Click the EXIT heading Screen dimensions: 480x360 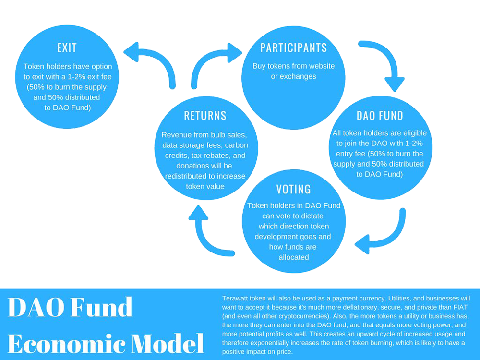pyautogui.click(x=67, y=48)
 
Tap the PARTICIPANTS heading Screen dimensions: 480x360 pyautogui.click(x=294, y=48)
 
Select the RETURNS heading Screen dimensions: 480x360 pyautogui.click(x=205, y=116)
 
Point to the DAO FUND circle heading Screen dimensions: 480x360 pyautogui.click(x=380, y=116)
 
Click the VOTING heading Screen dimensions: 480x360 pyautogui.click(x=294, y=189)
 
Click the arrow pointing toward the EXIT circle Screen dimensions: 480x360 pyautogui.click(x=153, y=61)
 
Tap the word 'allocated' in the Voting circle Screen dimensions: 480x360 pyautogui.click(x=294, y=257)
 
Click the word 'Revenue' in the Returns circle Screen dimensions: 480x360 pyautogui.click(x=174, y=135)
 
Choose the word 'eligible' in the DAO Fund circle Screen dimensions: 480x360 pyautogui.click(x=415, y=133)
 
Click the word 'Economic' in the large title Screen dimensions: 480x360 pyautogui.click(x=66, y=344)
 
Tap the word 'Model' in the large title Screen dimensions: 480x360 pyautogui.click(x=168, y=344)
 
